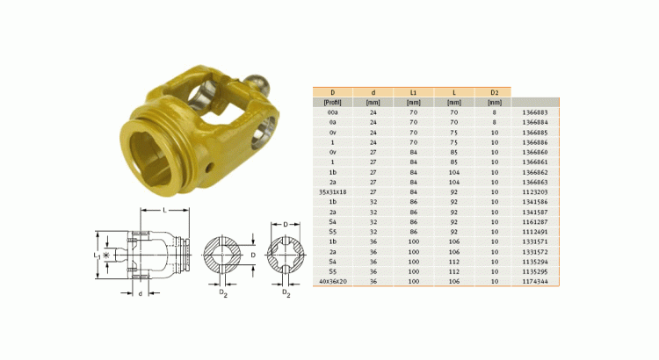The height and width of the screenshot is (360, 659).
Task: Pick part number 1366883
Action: pyautogui.click(x=534, y=112)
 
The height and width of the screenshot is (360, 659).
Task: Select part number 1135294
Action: pyautogui.click(x=534, y=261)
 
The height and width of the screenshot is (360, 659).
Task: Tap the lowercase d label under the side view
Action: pyautogui.click(x=141, y=292)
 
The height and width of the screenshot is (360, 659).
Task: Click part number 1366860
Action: pyautogui.click(x=534, y=152)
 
